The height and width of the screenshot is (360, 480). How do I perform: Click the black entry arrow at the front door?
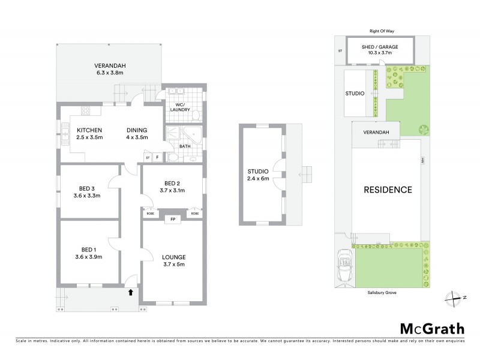point(130,293)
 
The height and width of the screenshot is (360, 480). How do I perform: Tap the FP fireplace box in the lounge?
point(173,220)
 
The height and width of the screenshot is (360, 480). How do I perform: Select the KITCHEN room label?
point(89,130)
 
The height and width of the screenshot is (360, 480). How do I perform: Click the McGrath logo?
point(432,328)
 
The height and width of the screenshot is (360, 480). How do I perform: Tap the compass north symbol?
point(455,296)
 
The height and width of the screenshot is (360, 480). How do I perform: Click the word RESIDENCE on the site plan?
point(388,190)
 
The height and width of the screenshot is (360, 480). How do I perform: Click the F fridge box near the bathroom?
point(157,157)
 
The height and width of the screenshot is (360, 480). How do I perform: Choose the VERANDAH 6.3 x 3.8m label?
point(109,69)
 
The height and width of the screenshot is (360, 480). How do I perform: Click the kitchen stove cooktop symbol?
point(85,110)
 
